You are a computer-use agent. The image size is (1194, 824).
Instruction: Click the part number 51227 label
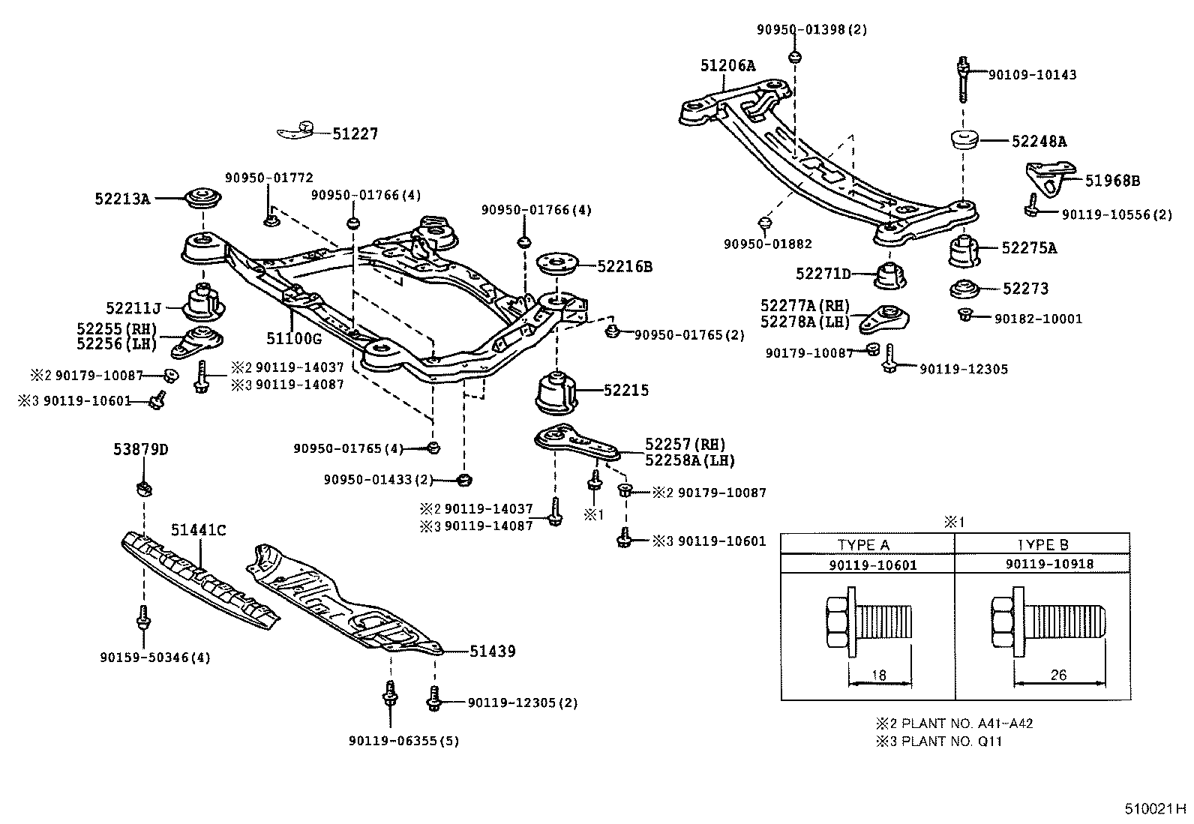[x=355, y=134]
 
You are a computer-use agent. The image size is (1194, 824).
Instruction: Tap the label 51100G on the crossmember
[x=293, y=338]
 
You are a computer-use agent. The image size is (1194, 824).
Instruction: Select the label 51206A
[x=727, y=66]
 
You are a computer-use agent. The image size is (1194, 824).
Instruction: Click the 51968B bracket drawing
[x=1044, y=178]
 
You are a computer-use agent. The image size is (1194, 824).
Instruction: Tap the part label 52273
[x=1025, y=289]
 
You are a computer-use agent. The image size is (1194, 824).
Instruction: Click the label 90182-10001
[x=1038, y=319]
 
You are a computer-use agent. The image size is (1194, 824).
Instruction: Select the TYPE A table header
[x=863, y=545]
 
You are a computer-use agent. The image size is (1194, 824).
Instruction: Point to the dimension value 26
[x=1057, y=675]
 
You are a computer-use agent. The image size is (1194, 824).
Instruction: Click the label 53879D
[x=141, y=450]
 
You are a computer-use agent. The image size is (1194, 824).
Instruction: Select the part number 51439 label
[x=493, y=652]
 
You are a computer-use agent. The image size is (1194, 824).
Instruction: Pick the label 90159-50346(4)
[x=154, y=658]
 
